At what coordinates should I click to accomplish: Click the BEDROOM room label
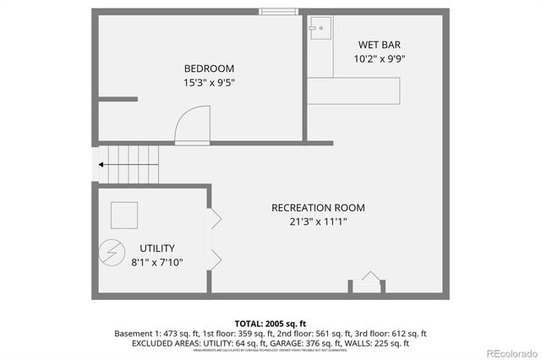(x=209, y=68)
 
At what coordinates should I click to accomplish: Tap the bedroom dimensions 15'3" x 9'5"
(x=209, y=83)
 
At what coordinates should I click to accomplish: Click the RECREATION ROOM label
(x=318, y=208)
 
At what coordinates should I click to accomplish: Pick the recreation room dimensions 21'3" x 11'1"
(x=318, y=222)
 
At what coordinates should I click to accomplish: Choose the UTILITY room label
(x=157, y=248)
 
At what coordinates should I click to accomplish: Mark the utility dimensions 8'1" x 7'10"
(x=157, y=263)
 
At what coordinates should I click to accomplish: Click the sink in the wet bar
(x=319, y=29)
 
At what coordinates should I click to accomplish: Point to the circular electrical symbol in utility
(x=110, y=251)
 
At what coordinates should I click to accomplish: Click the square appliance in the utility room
(x=124, y=215)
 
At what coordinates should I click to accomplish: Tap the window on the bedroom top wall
(x=278, y=11)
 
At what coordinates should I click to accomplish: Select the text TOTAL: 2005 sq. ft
(x=270, y=323)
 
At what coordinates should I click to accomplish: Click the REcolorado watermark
(x=505, y=351)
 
